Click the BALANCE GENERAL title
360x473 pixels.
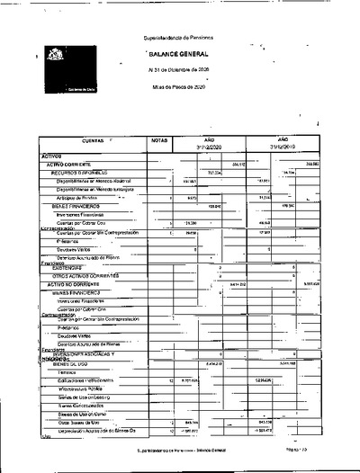[178, 55]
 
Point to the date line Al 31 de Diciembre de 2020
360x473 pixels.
[178, 69]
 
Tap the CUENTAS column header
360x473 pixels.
[93, 142]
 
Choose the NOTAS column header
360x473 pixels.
[160, 142]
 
